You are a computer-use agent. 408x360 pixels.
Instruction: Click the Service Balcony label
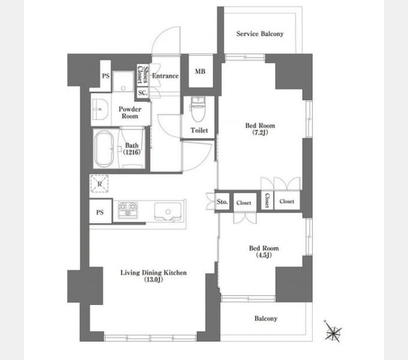(260, 34)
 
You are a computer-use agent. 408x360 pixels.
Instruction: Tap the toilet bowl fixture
(198, 109)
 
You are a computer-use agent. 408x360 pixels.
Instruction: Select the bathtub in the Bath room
(104, 149)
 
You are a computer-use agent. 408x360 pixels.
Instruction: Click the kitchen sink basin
(167, 211)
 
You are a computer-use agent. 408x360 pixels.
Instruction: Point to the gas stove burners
(128, 209)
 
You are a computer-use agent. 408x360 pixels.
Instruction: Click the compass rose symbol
(333, 331)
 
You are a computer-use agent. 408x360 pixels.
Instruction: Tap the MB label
(200, 71)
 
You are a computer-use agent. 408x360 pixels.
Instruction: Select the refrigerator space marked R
(99, 184)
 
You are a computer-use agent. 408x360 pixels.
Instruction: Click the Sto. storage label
(222, 202)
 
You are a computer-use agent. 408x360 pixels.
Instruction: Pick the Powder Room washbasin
(100, 110)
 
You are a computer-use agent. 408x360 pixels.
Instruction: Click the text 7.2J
(260, 133)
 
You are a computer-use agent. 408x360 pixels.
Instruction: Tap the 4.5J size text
(264, 255)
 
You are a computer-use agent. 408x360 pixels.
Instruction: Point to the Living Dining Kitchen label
(154, 272)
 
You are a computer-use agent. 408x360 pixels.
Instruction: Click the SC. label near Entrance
(143, 93)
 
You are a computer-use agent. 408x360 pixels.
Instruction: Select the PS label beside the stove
(100, 212)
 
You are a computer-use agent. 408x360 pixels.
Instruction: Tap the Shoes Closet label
(143, 74)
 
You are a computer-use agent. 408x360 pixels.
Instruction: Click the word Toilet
(199, 130)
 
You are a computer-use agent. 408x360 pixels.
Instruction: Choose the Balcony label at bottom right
(266, 319)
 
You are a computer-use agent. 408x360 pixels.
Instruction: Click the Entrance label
(165, 76)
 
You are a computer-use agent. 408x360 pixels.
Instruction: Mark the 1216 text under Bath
(131, 152)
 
